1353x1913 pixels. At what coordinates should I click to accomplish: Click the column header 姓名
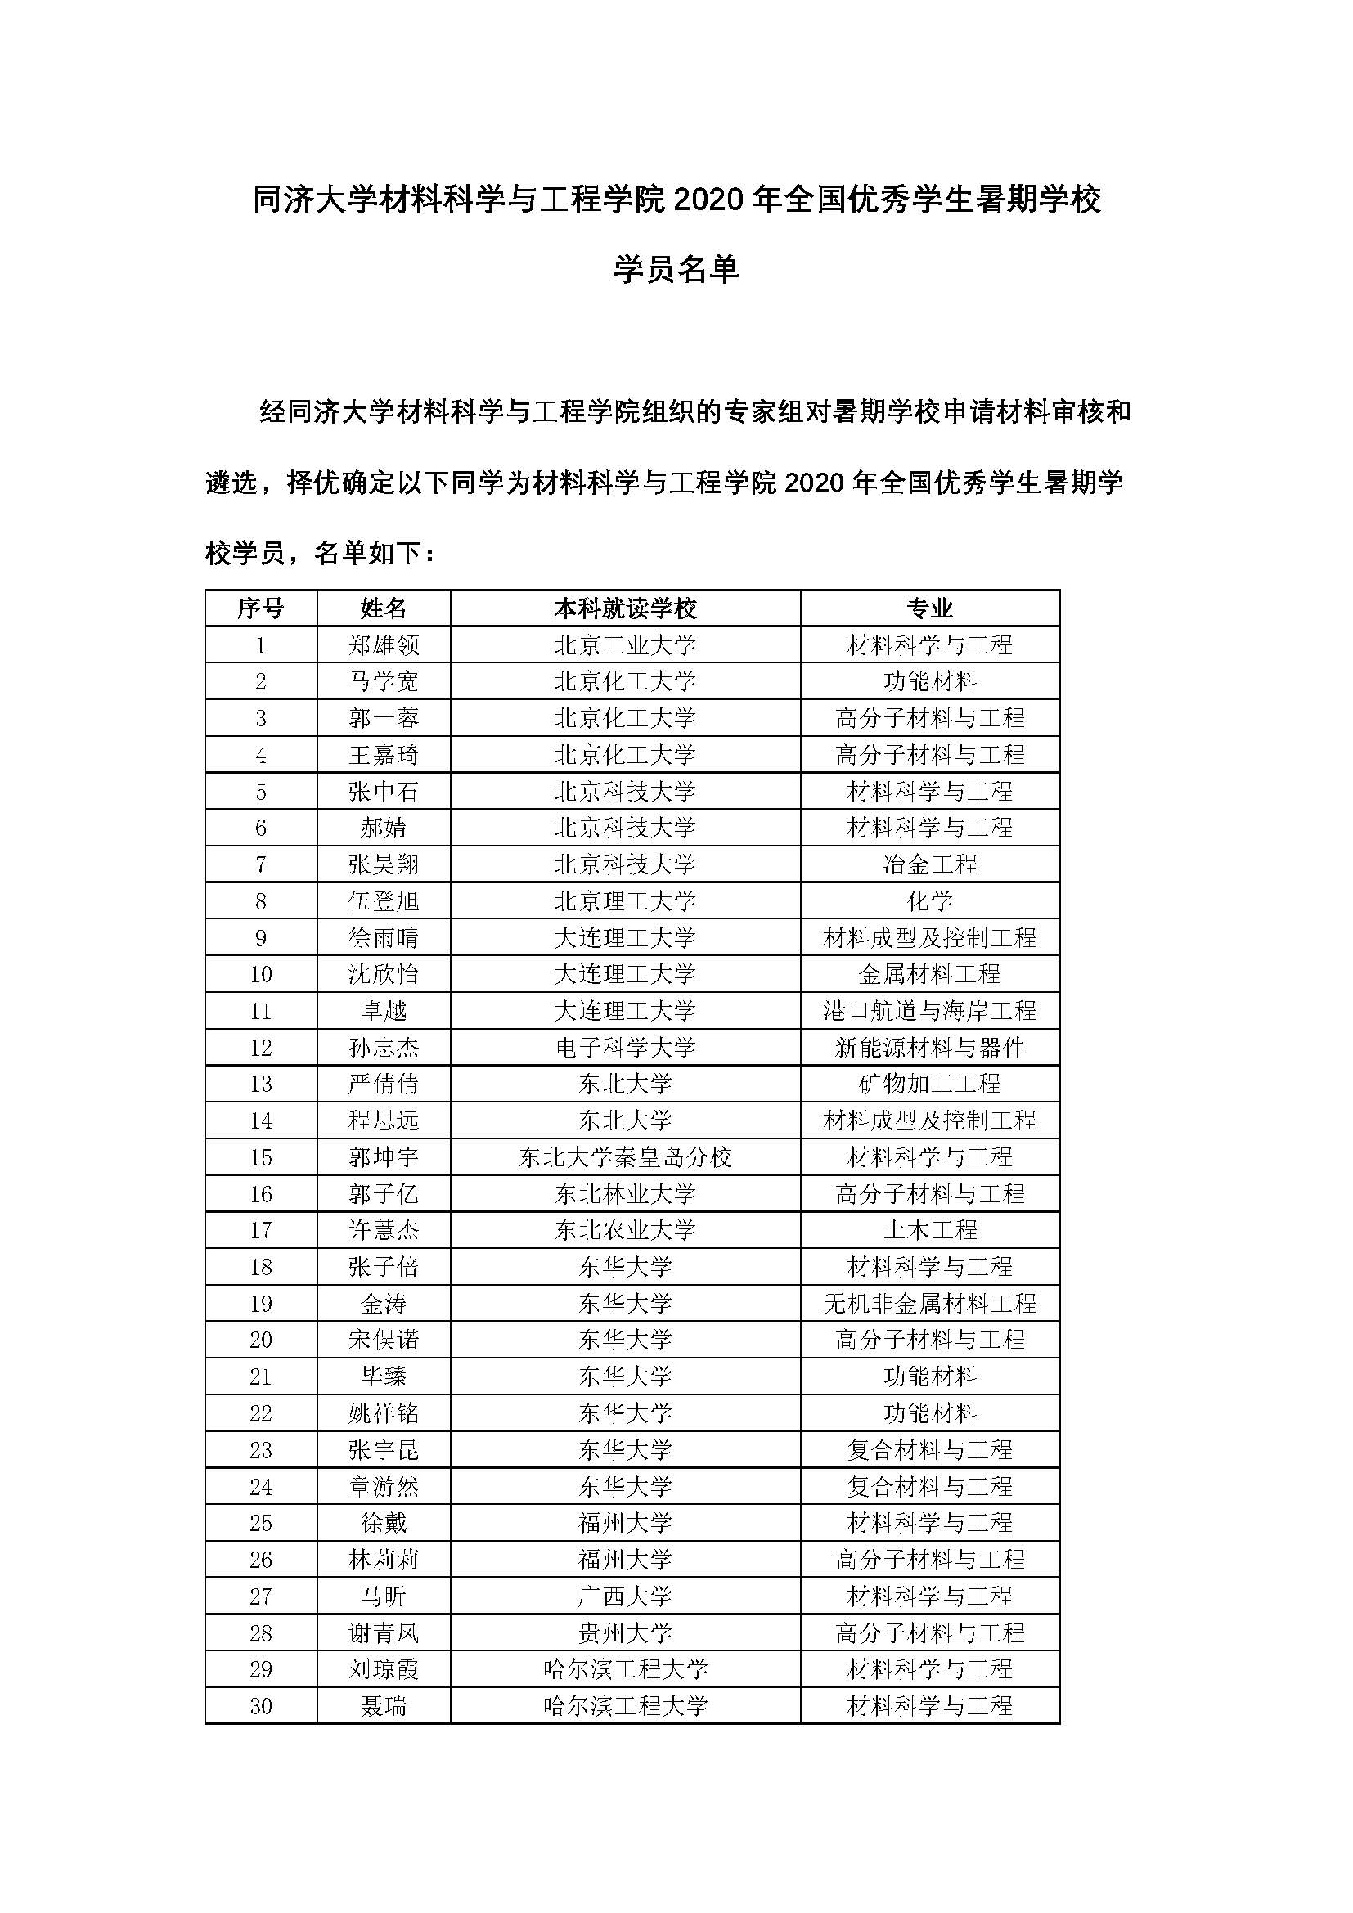pyautogui.click(x=383, y=608)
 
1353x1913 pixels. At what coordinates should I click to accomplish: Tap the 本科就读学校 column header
pyautogui.click(x=625, y=608)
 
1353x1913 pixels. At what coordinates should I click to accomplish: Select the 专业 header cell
pyautogui.click(x=930, y=608)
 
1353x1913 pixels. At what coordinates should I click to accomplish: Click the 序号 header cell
pyautogui.click(x=261, y=608)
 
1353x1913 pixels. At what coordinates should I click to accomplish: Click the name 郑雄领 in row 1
pyautogui.click(x=383, y=644)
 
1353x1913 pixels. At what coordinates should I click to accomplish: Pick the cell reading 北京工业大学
pyautogui.click(x=625, y=644)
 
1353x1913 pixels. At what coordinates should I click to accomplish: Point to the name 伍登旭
pyautogui.click(x=383, y=900)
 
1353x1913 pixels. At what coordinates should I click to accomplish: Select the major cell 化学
pyautogui.click(x=930, y=900)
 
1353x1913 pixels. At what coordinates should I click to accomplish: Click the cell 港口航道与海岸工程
pyautogui.click(x=930, y=1011)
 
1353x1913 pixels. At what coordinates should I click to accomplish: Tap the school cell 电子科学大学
pyautogui.click(x=625, y=1048)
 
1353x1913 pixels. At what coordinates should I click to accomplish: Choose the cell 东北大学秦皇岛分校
pyautogui.click(x=625, y=1157)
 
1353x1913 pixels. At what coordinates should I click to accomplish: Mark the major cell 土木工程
pyautogui.click(x=930, y=1230)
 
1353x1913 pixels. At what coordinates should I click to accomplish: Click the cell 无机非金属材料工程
pyautogui.click(x=930, y=1303)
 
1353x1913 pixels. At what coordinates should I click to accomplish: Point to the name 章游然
pyautogui.click(x=383, y=1486)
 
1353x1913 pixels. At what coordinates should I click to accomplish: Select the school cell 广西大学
pyautogui.click(x=625, y=1596)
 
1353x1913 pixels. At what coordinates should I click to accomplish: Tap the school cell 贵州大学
pyautogui.click(x=625, y=1633)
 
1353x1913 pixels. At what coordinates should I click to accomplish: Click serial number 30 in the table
pyautogui.click(x=261, y=1705)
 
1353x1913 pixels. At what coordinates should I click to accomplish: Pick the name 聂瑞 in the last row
pyautogui.click(x=383, y=1705)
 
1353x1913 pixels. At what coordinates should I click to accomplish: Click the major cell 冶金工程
pyautogui.click(x=930, y=864)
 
